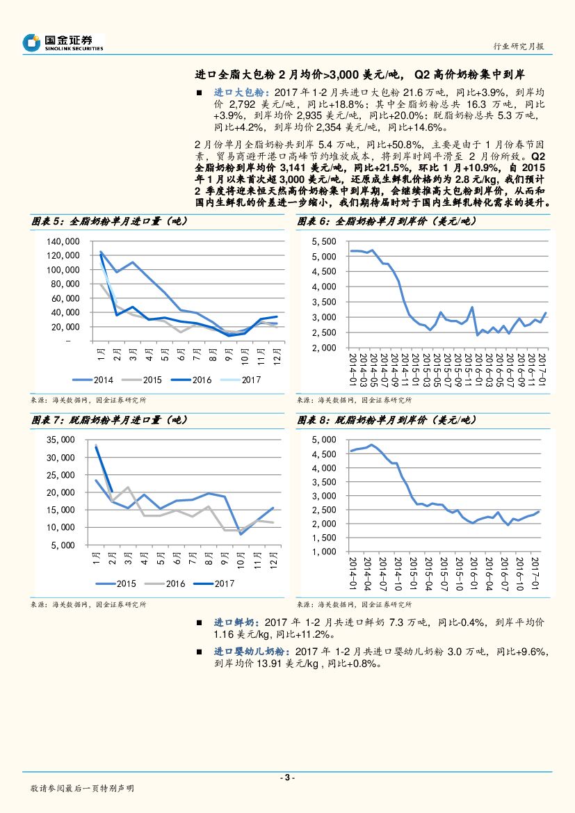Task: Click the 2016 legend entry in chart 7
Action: pos(167,583)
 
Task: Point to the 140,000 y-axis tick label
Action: pos(63,241)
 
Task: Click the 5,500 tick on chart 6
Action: pos(325,241)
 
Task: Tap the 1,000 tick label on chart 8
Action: pos(325,552)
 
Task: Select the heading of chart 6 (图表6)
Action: pos(387,221)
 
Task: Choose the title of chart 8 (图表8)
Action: pos(387,420)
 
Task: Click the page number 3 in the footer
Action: pos(287,778)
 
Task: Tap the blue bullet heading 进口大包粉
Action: pos(239,92)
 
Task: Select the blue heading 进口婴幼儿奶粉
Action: pos(250,652)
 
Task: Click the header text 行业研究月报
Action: pos(517,47)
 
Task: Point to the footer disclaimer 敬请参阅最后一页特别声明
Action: pos(82,789)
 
